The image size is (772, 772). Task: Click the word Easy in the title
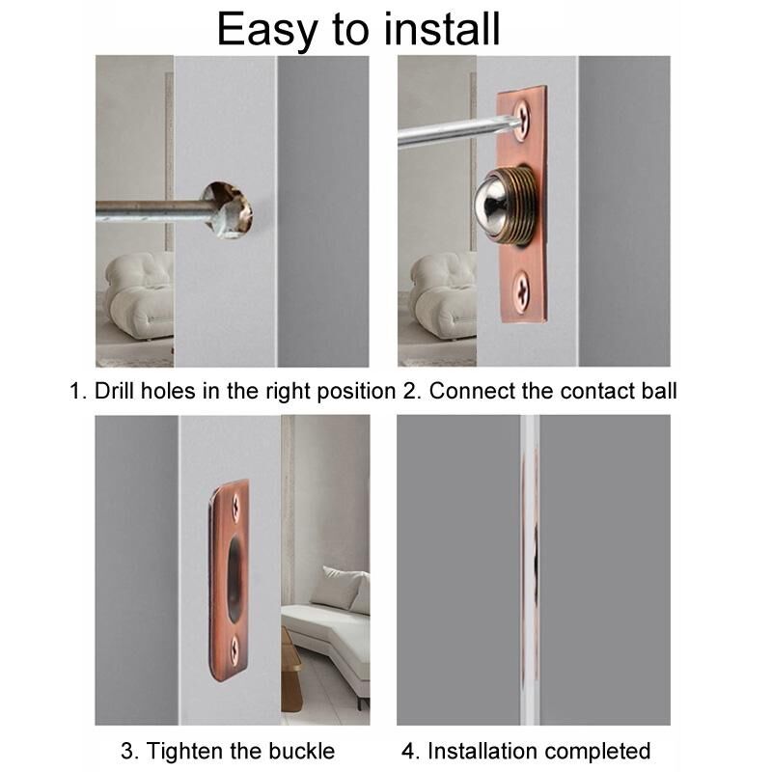pos(267,31)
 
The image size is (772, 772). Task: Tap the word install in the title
pos(442,29)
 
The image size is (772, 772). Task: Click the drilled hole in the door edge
pos(228,209)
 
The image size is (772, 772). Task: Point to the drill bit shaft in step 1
pos(152,210)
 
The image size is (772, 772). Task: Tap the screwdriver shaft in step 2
pos(453,132)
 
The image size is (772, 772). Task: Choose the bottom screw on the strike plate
pos(235,649)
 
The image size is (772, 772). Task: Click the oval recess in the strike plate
pos(234,577)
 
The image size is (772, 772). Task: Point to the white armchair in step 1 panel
pos(138,295)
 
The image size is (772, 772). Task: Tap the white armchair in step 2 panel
pos(442,295)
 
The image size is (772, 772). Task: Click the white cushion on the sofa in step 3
pos(345,590)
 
